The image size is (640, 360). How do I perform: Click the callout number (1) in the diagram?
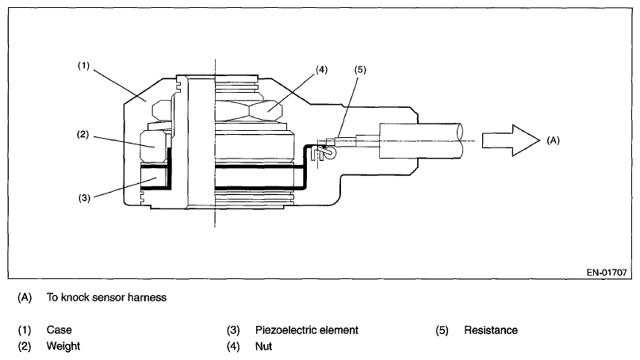(x=82, y=67)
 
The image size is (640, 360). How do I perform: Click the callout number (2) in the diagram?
(x=82, y=135)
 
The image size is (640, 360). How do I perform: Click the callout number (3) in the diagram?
(x=82, y=197)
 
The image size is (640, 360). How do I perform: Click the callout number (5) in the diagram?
(x=362, y=70)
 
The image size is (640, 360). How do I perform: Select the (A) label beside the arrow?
(x=554, y=140)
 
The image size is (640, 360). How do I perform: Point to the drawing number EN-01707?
(x=606, y=271)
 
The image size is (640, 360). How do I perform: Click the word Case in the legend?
(x=58, y=329)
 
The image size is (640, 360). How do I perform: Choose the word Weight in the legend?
(x=63, y=347)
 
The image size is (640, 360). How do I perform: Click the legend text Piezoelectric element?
(x=307, y=329)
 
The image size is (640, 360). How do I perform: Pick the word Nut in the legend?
(x=263, y=347)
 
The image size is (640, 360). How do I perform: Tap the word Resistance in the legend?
(x=491, y=329)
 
